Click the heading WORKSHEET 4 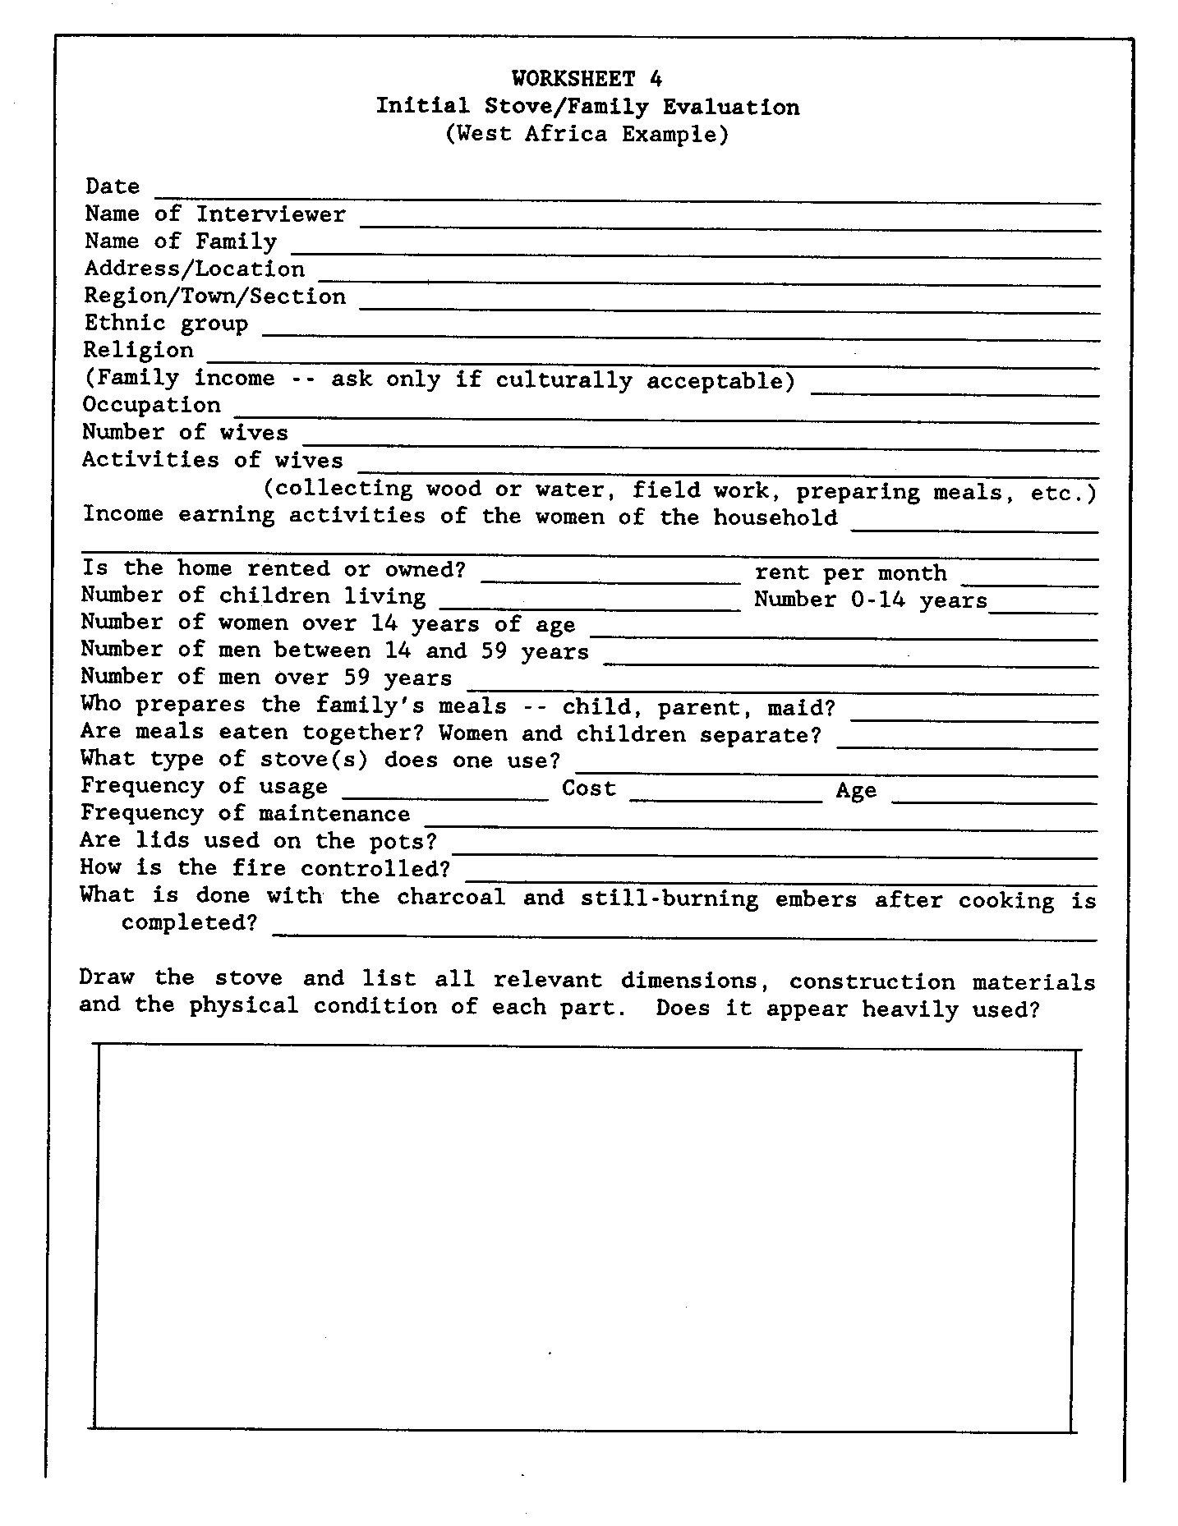[587, 79]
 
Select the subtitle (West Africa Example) [587, 134]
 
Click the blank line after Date [627, 197]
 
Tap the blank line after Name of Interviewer [729, 224]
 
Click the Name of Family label [181, 241]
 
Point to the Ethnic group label [166, 323]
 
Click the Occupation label [152, 405]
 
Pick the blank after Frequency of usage [444, 795]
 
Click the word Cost [588, 788]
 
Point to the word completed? [189, 922]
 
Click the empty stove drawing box [585, 1239]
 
